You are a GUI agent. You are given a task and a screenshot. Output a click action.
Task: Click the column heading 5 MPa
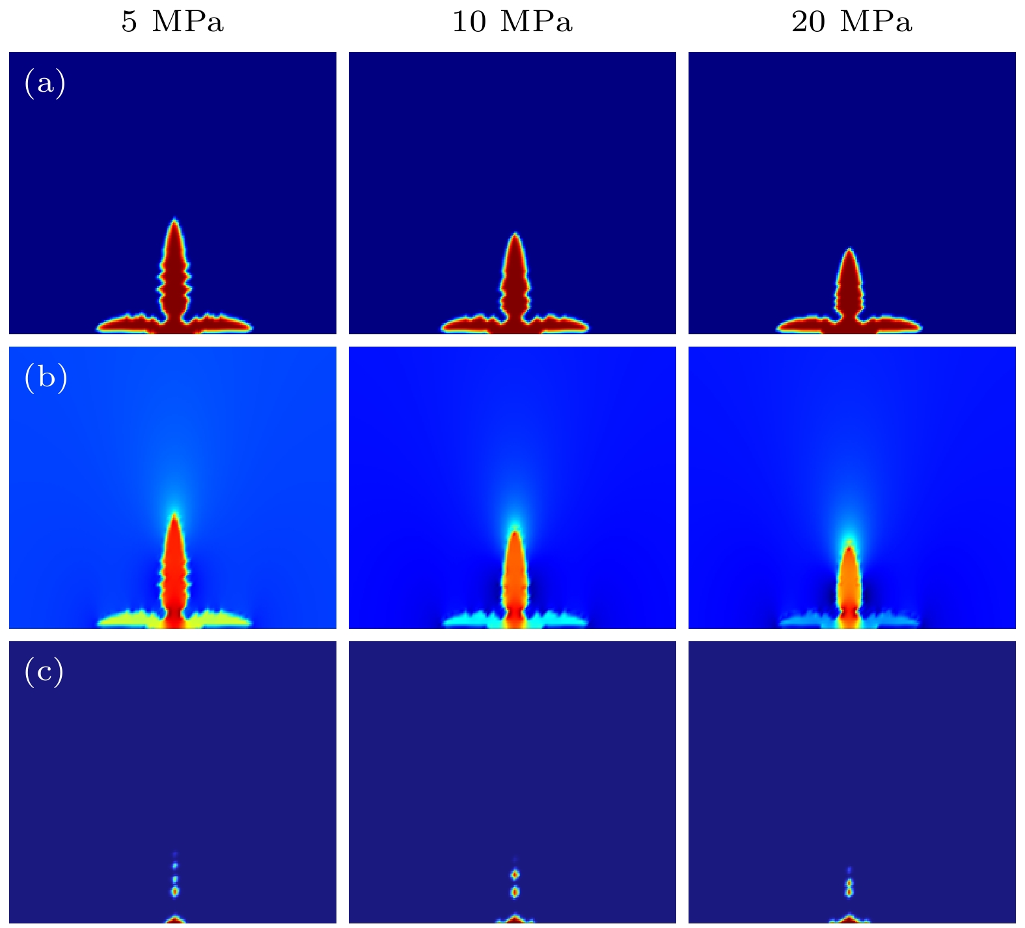[172, 22]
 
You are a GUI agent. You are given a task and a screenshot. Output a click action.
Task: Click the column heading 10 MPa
[512, 22]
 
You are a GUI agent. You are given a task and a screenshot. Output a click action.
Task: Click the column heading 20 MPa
[852, 22]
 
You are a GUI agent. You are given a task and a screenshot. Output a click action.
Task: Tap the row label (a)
[45, 83]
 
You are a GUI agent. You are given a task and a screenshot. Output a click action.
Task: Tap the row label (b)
[46, 378]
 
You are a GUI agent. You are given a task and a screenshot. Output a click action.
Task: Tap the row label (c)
[44, 672]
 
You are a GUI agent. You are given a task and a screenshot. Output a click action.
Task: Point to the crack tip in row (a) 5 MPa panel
[174, 221]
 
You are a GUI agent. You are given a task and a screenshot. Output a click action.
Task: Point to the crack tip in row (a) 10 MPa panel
[515, 235]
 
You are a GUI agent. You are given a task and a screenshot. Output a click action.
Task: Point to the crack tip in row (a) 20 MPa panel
[849, 250]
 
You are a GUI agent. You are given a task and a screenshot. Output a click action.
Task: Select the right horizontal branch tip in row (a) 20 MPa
[919, 326]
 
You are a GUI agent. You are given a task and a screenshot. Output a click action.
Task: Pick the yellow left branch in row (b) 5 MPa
[130, 620]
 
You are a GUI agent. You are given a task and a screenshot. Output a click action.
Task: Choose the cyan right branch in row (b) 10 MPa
[560, 620]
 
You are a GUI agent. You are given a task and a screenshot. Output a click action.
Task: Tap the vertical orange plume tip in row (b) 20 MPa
[849, 548]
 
